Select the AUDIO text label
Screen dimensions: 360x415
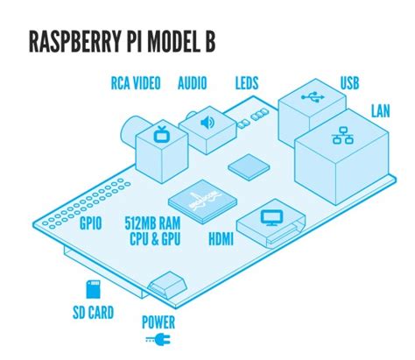[192, 84]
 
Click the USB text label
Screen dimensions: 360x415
[349, 84]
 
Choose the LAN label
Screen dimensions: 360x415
[381, 111]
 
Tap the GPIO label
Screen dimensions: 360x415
[91, 224]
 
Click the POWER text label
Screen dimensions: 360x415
[158, 321]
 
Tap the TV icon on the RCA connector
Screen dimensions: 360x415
[161, 135]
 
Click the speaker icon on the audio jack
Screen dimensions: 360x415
[207, 123]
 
